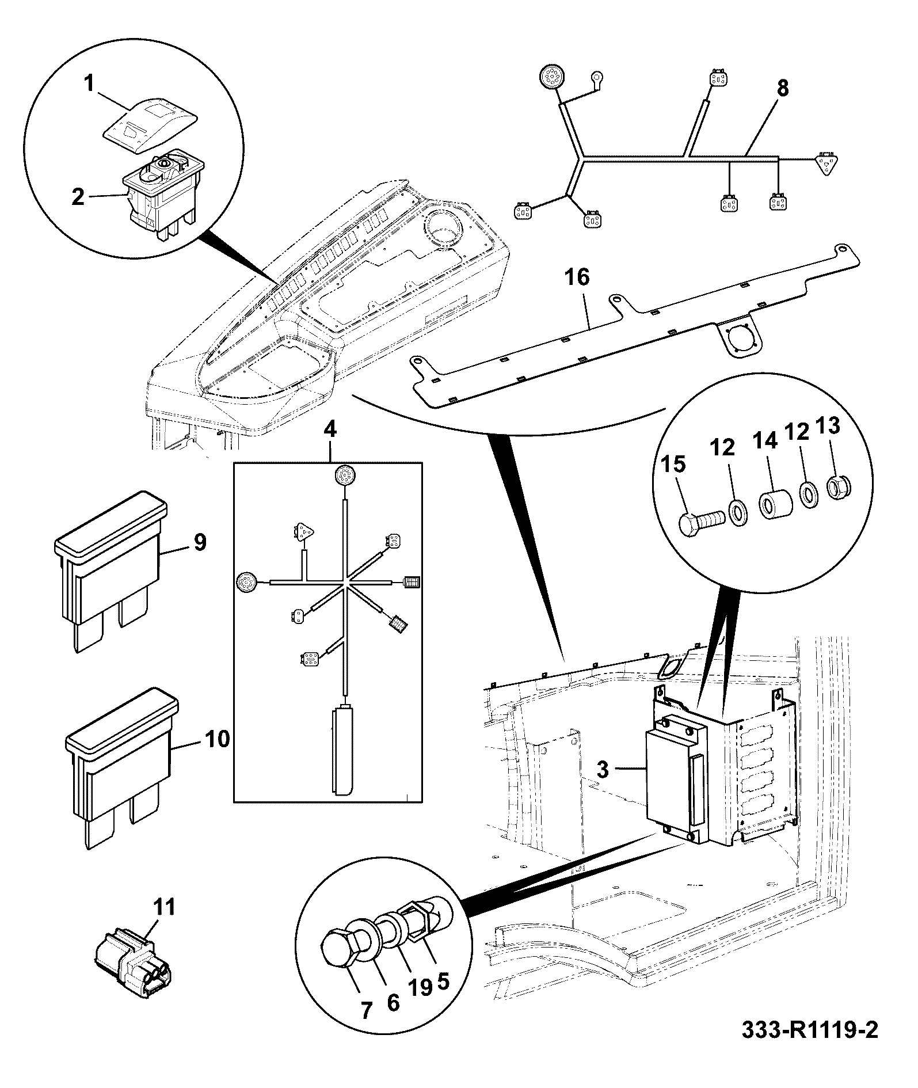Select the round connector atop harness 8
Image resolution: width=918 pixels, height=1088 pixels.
coord(552,77)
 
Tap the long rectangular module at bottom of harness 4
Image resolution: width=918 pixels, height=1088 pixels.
coord(343,752)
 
